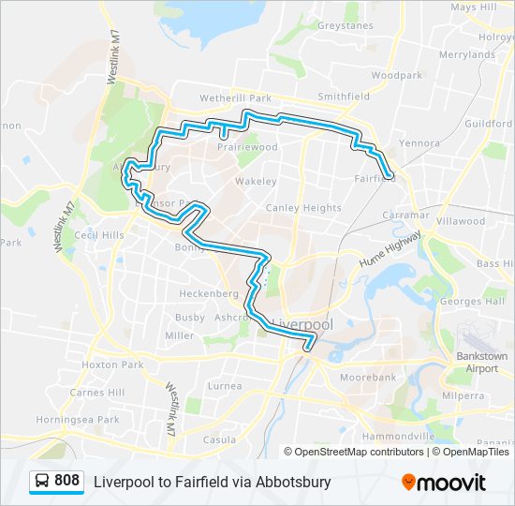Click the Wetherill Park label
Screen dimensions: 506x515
pyautogui.click(x=235, y=97)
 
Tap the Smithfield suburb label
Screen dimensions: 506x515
pyautogui.click(x=344, y=97)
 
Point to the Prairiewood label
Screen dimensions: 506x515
pyautogui.click(x=248, y=147)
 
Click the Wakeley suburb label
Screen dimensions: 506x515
pyautogui.click(x=256, y=181)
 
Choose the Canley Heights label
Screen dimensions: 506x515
pyautogui.click(x=303, y=208)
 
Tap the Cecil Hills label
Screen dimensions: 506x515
pyautogui.click(x=100, y=235)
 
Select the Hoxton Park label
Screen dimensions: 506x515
pyautogui.click(x=112, y=365)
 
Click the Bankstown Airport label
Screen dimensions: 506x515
pyautogui.click(x=482, y=363)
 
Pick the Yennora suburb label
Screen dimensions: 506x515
pyautogui.click(x=419, y=144)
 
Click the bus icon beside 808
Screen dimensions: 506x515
pyautogui.click(x=42, y=482)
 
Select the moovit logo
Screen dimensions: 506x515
pyautogui.click(x=444, y=483)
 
